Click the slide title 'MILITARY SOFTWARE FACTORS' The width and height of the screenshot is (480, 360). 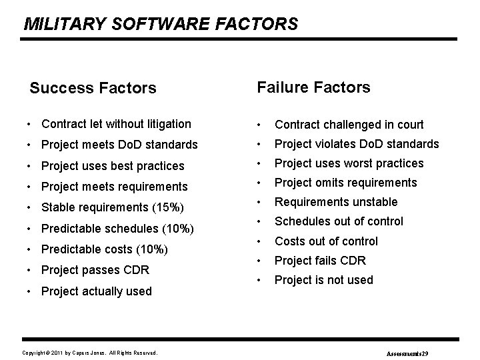coord(161,25)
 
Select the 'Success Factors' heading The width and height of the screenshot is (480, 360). coord(93,88)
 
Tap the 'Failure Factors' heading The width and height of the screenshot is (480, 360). coord(313,87)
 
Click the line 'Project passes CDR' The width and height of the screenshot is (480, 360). coord(95,270)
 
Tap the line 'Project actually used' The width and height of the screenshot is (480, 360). coord(96,291)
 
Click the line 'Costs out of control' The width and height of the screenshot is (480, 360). coord(326,241)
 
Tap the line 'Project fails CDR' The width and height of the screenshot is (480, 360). coord(320,261)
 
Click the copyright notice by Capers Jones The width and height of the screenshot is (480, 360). coord(90,352)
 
